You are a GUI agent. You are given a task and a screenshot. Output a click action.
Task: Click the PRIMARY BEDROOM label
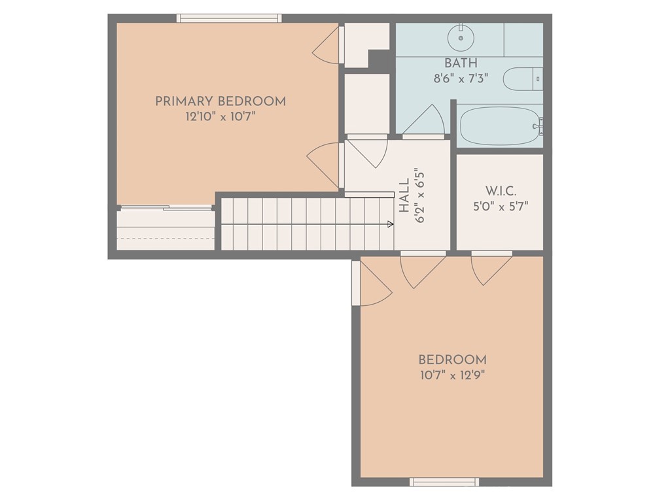point(220,101)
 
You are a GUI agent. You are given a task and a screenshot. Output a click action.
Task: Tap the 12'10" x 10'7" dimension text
point(220,117)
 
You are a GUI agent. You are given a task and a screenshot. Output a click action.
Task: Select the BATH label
point(461,63)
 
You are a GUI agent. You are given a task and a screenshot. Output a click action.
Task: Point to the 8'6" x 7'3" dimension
point(461,79)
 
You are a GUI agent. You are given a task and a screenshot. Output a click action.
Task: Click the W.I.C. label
point(501,192)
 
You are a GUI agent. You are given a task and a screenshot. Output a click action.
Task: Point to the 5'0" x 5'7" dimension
point(501,207)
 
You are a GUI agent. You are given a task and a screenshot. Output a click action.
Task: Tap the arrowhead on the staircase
point(390,224)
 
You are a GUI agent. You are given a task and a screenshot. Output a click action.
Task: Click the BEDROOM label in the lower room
point(452,360)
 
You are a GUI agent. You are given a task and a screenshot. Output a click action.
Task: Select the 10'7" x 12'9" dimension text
point(452,375)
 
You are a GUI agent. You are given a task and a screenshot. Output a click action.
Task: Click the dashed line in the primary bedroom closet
point(166,238)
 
